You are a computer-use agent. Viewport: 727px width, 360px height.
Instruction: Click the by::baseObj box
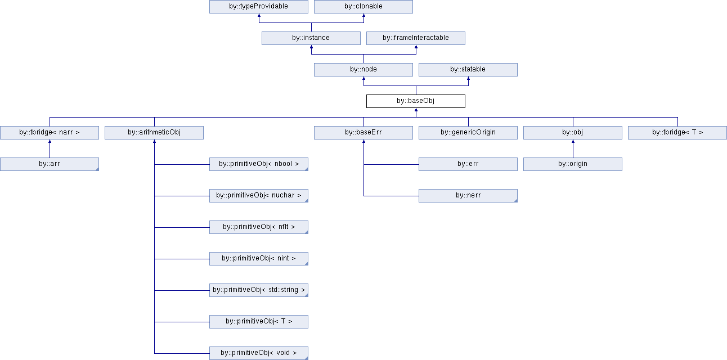point(416,101)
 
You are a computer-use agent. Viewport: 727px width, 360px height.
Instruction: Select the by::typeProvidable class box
point(259,7)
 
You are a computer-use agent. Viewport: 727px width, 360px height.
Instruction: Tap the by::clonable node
point(363,7)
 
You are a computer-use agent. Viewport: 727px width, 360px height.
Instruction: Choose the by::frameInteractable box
point(416,38)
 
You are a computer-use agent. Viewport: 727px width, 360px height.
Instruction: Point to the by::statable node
point(468,69)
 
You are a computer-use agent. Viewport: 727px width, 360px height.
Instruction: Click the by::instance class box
point(311,38)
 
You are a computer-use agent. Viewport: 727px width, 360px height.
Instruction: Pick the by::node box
point(363,69)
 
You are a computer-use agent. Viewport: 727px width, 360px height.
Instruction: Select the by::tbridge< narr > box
point(50,133)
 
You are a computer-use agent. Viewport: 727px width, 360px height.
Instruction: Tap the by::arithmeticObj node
point(154,133)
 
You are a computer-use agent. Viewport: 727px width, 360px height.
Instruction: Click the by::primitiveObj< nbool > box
point(259,164)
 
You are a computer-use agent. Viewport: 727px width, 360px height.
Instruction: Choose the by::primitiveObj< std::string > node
point(259,290)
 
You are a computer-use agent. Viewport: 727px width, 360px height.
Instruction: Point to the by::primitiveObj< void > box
point(259,353)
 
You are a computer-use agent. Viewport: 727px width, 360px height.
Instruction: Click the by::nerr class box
point(468,196)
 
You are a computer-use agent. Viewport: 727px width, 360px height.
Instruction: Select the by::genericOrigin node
point(468,133)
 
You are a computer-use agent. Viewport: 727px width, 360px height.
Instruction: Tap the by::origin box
point(573,164)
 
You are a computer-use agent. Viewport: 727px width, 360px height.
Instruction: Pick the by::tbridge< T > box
point(677,133)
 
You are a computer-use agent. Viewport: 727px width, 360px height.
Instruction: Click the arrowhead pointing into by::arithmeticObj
point(155,141)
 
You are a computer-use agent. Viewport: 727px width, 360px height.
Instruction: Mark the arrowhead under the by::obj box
point(573,141)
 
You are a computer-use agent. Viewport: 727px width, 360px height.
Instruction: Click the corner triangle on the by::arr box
point(97,169)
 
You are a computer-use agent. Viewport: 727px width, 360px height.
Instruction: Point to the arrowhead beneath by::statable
point(468,79)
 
